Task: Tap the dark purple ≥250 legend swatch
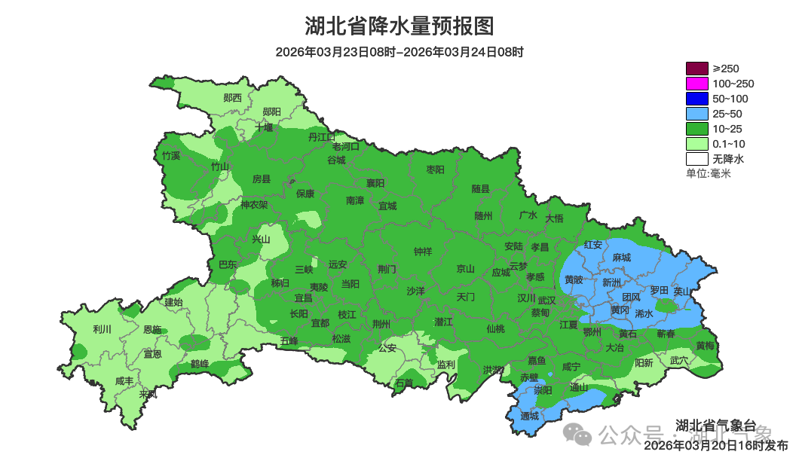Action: [697, 69]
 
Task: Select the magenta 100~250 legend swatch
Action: [697, 84]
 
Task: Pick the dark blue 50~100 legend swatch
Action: [697, 99]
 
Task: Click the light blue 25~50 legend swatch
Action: [697, 114]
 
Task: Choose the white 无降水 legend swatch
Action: [697, 159]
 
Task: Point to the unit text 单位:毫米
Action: [708, 174]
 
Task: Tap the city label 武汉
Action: [546, 301]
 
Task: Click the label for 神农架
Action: [254, 205]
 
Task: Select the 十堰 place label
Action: [264, 127]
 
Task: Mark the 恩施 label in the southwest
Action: [152, 330]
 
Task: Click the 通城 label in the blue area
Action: [530, 417]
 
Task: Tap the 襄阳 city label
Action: [375, 183]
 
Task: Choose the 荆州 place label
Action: [381, 324]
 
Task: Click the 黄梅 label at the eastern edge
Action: [705, 346]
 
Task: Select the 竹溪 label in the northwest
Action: [171, 156]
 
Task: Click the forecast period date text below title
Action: [399, 52]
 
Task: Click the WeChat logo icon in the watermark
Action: [580, 435]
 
